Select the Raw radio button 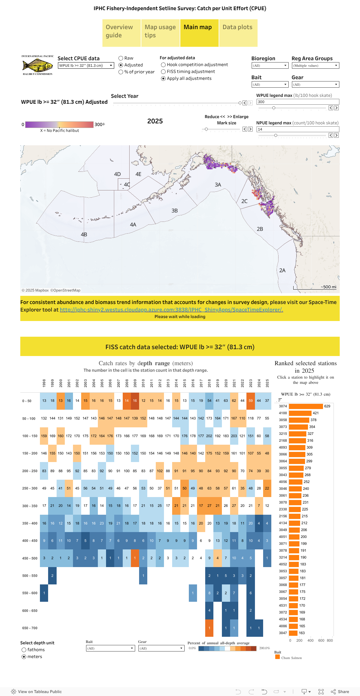tap(121, 58)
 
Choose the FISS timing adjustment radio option tap(163, 72)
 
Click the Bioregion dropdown tap(270, 66)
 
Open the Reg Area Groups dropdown tap(315, 66)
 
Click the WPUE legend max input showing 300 tap(297, 102)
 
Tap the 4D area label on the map tap(117, 174)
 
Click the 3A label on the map tap(218, 185)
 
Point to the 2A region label tap(282, 270)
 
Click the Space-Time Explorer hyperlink tap(171, 310)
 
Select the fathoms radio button tap(24, 650)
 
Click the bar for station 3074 tap(306, 406)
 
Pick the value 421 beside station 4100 tap(315, 413)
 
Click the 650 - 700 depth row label tap(30, 628)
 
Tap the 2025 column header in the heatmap tap(267, 383)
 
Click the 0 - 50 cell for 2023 tap(251, 401)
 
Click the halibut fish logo tap(38, 66)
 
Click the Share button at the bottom tap(340, 691)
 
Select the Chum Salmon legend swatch tap(278, 657)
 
